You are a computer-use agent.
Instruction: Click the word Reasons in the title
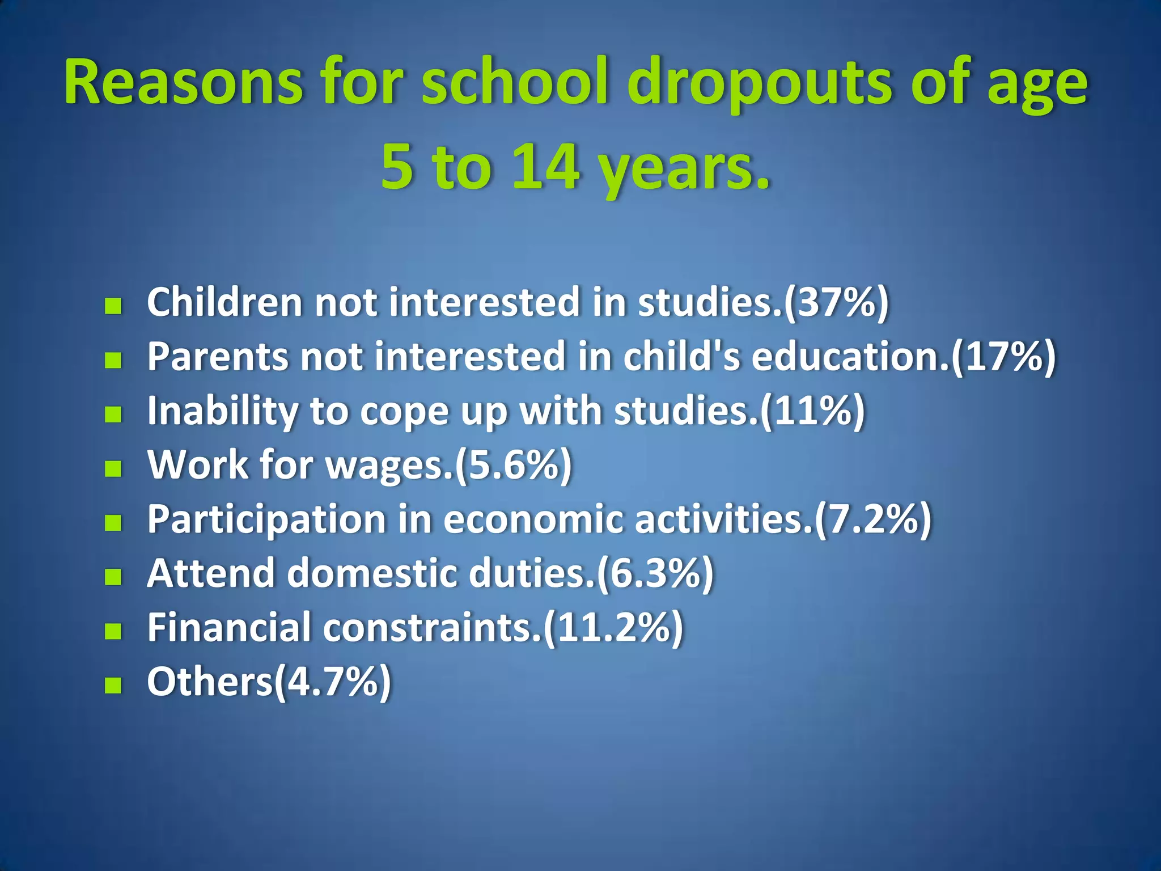pos(183,82)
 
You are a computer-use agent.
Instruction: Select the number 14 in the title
pos(545,167)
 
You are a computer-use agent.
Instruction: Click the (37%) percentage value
pos(836,302)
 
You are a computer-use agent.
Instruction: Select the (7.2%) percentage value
pos(873,519)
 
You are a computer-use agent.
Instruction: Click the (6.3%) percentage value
pos(655,574)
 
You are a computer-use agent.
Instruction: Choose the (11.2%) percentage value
pos(613,628)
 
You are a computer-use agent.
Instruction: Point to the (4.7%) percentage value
pos(333,682)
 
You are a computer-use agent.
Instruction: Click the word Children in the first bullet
pos(224,302)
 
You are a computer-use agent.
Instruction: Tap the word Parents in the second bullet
pos(218,357)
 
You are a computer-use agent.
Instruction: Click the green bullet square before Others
pos(113,685)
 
